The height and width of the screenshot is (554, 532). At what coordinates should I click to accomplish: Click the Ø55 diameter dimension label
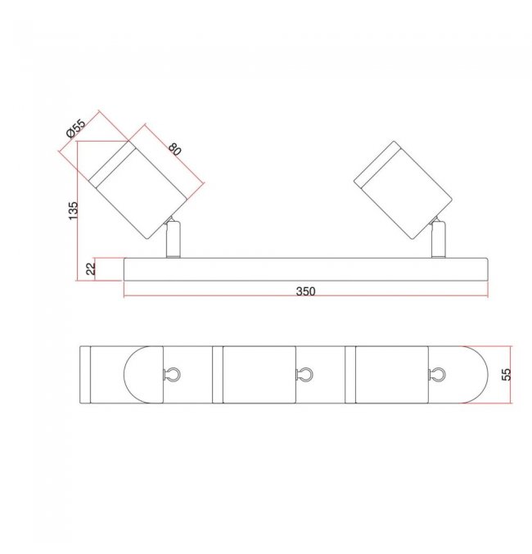(x=76, y=128)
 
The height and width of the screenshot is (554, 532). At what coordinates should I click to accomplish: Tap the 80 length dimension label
(x=174, y=149)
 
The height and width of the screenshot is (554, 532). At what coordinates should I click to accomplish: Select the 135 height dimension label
(x=73, y=210)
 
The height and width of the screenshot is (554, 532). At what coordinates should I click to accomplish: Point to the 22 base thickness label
(x=91, y=268)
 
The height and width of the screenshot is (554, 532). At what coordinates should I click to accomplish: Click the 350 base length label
(x=305, y=291)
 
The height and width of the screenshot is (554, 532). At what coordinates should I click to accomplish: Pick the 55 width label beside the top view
(x=507, y=374)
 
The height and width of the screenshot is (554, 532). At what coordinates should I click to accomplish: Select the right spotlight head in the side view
(x=403, y=190)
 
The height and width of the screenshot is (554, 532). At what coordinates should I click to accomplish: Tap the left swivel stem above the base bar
(x=174, y=239)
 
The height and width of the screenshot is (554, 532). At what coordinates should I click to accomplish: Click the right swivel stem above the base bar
(x=439, y=239)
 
